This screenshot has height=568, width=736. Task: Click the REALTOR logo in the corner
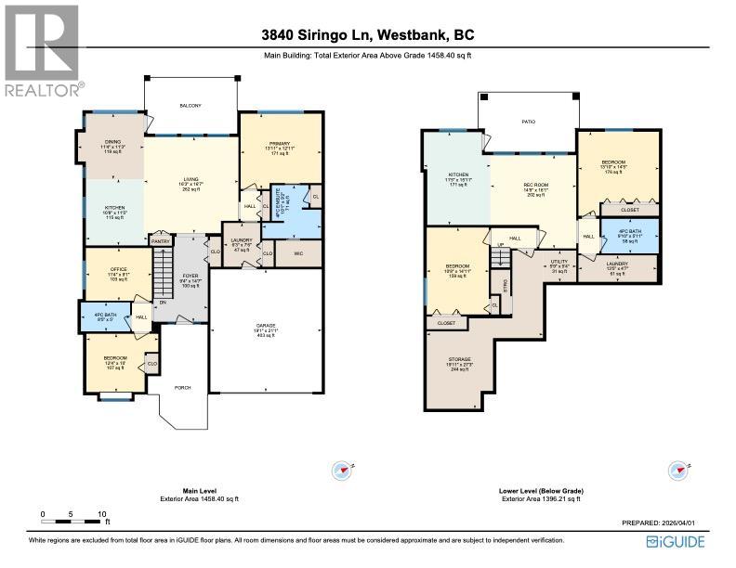(x=41, y=50)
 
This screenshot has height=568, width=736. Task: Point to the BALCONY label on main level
(x=190, y=106)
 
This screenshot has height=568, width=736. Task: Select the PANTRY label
(x=162, y=240)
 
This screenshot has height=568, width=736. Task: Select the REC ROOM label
(x=533, y=186)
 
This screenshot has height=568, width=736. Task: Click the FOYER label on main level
(x=191, y=277)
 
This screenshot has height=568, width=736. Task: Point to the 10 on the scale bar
(x=102, y=513)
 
